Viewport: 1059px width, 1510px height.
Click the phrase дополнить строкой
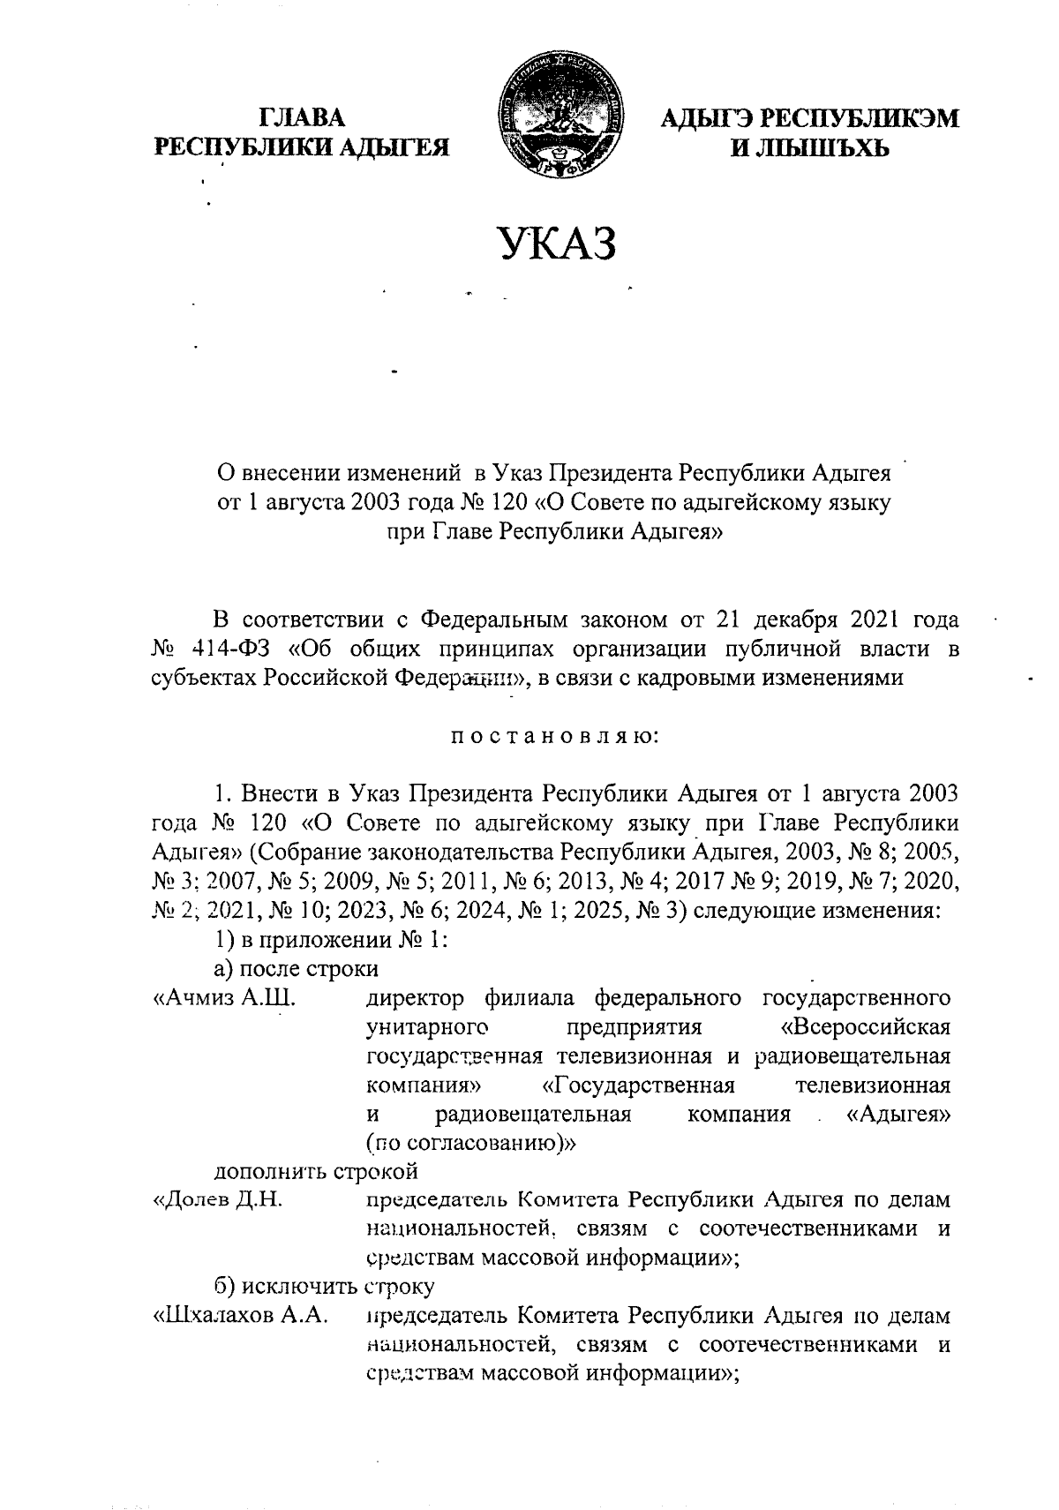(317, 1171)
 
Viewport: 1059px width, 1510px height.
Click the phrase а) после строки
(297, 969)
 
